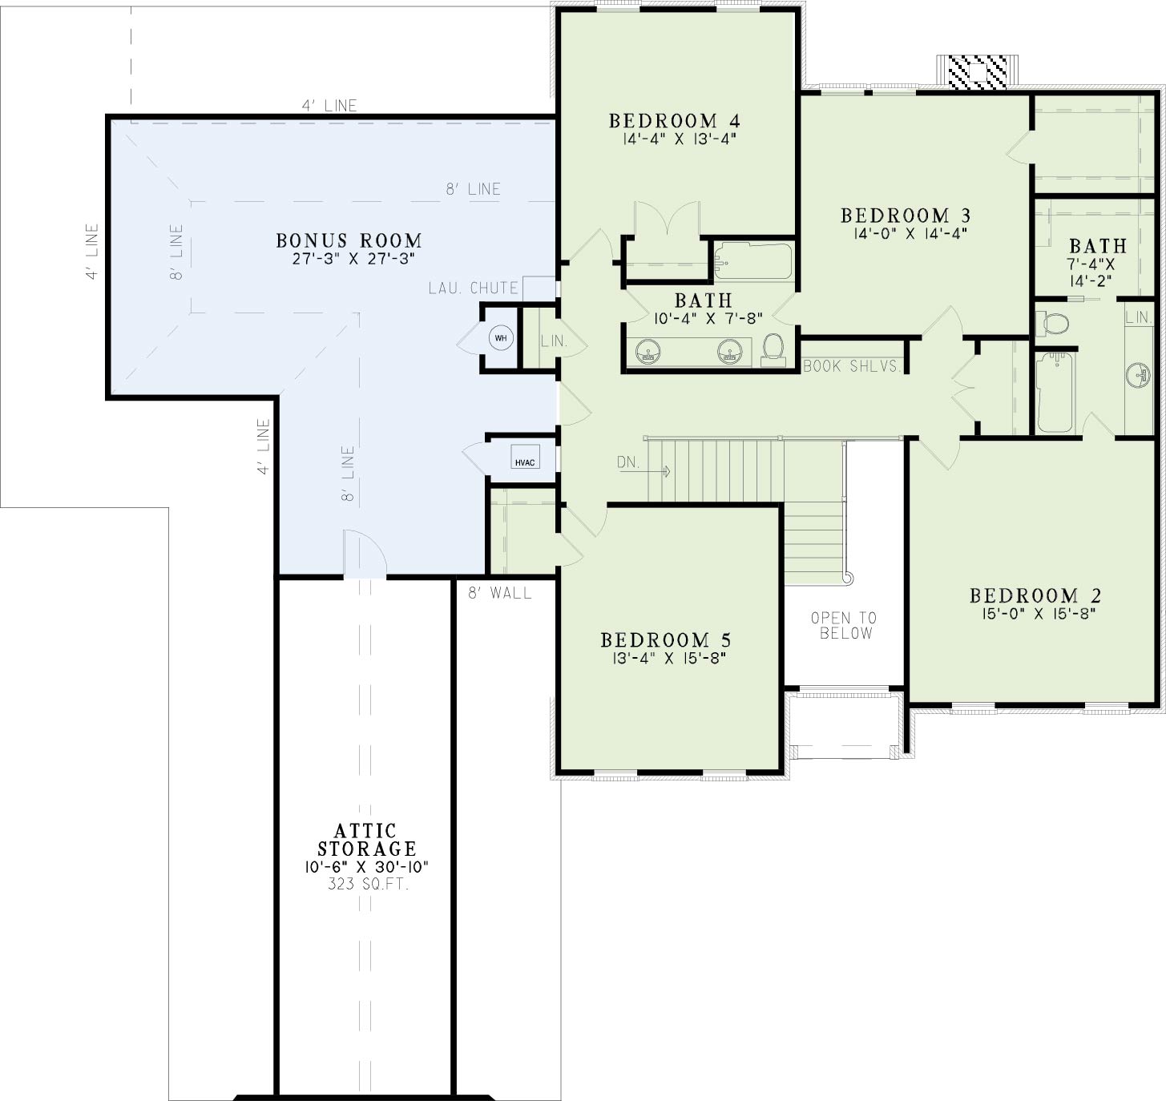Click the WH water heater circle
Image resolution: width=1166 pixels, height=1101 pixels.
pos(501,338)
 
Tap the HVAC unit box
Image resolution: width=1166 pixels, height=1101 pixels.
pos(525,458)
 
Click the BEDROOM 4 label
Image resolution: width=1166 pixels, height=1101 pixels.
pos(674,121)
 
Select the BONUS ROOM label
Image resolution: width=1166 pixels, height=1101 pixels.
pos(349,240)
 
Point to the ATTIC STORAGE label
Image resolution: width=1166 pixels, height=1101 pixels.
pos(367,840)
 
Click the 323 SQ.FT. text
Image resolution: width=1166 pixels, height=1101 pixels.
pos(368,884)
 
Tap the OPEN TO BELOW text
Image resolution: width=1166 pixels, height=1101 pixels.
pos(844,625)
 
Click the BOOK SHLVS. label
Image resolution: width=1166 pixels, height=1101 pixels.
pos(851,366)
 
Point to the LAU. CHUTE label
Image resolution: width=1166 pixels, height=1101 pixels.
pos(473,288)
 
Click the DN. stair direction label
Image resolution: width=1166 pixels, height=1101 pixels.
pos(628,462)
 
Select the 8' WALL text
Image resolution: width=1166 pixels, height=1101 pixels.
pos(499,593)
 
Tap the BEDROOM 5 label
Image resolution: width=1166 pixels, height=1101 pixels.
pos(666,640)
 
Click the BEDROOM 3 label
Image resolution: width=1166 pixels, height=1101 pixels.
pos(906,216)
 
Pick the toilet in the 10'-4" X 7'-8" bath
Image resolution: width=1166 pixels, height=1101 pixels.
pos(773,350)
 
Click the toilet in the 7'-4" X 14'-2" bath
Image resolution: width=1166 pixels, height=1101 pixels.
pos(1052,323)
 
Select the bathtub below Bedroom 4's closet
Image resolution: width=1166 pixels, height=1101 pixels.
pos(752,261)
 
